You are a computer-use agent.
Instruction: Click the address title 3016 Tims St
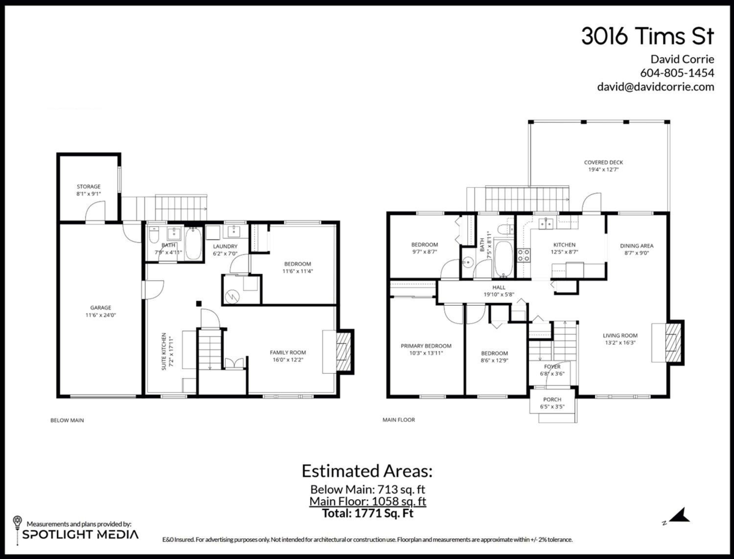pos(648,36)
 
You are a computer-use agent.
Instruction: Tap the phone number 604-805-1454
pos(677,73)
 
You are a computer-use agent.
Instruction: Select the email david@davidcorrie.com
pos(656,87)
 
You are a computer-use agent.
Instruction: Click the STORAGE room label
pos(89,187)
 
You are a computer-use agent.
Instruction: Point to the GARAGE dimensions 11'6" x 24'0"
pos(101,315)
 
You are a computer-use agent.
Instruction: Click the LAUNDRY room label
pos(225,246)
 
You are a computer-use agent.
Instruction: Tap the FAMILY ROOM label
pos(288,352)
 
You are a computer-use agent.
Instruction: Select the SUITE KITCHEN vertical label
pos(164,352)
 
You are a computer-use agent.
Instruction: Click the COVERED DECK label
pos(604,163)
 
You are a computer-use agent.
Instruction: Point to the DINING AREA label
pos(637,246)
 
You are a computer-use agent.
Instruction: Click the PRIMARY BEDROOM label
pos(426,346)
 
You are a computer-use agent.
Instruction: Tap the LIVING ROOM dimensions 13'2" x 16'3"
pos(620,342)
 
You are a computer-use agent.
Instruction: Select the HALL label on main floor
pos(499,287)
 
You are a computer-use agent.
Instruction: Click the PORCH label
pos(552,399)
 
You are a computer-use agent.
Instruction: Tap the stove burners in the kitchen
pos(524,255)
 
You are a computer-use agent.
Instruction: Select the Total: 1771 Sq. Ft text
pos(368,513)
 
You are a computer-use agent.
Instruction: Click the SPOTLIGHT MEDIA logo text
pos(80,535)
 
